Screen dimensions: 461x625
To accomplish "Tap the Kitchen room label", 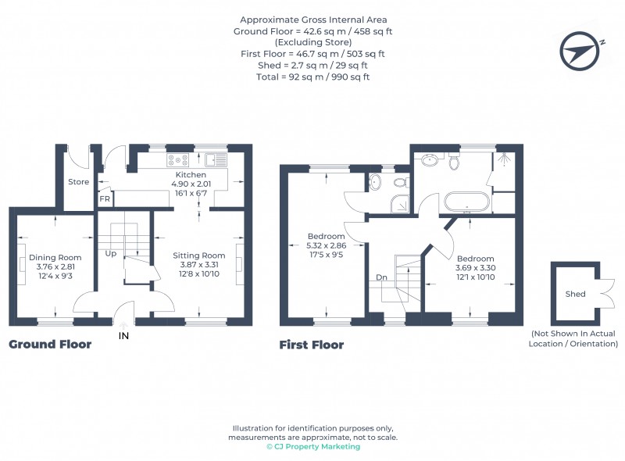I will click(191, 174).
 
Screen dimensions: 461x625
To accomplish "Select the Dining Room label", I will click(55, 257).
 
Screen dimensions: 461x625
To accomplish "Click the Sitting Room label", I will click(198, 256).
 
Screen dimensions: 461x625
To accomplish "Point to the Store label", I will click(78, 182).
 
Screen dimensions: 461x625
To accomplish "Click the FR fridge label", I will click(104, 199).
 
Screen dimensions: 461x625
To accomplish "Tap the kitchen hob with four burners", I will click(174, 161).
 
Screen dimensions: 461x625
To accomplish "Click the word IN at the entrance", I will click(123, 336).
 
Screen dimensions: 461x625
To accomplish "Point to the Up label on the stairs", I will click(112, 253).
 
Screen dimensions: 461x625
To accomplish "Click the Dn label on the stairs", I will click(380, 277).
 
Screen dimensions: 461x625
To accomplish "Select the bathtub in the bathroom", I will click(466, 202).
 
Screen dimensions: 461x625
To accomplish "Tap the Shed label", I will click(575, 294).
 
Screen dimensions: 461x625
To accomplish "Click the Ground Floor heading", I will click(50, 344).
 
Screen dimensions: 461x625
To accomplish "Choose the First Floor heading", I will click(312, 345).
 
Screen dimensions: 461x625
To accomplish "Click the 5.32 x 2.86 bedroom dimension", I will click(327, 245).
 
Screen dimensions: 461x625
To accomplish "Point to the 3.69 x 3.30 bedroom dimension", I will click(476, 268).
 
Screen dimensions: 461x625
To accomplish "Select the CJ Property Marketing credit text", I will click(313, 447).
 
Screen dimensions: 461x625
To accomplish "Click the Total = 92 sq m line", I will click(312, 77).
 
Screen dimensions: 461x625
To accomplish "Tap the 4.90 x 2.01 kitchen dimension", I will click(191, 184).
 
